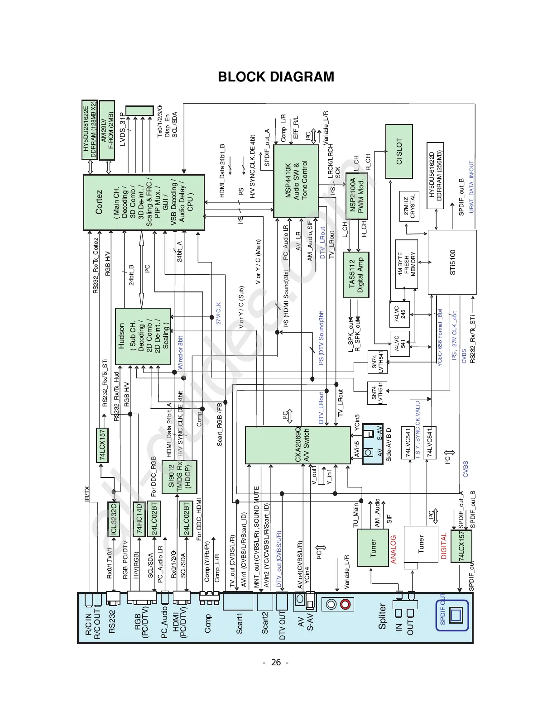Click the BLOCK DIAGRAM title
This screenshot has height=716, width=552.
click(x=276, y=77)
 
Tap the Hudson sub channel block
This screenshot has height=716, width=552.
click(x=142, y=337)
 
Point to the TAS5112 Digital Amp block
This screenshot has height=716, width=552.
click(x=356, y=275)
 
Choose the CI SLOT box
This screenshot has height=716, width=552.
click(x=399, y=151)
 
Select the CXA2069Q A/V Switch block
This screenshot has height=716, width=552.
click(x=298, y=444)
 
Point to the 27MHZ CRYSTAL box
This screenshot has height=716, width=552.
click(x=409, y=206)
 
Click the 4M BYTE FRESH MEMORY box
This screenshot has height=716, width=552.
click(x=407, y=264)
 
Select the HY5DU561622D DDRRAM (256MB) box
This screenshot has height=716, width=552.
click(x=435, y=175)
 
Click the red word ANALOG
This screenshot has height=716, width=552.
click(x=393, y=549)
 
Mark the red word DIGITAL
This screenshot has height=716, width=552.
click(x=444, y=546)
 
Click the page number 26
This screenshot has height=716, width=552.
click(x=276, y=663)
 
